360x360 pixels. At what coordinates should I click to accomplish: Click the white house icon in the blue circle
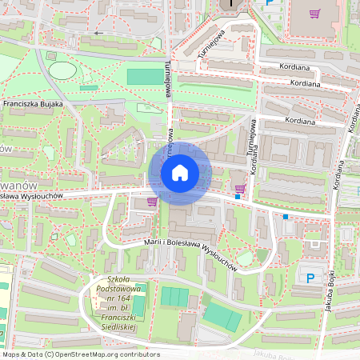[180, 172]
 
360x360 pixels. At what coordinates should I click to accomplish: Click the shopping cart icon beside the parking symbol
[314, 14]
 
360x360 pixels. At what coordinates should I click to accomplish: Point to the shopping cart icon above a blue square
[239, 187]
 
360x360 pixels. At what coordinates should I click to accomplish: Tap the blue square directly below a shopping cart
[238, 197]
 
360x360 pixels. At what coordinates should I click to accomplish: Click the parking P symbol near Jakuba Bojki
[310, 278]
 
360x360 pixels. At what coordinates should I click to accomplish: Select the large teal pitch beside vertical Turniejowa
[144, 77]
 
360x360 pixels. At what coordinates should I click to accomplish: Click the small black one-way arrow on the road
[99, 34]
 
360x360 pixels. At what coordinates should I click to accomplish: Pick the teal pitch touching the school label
[139, 305]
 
